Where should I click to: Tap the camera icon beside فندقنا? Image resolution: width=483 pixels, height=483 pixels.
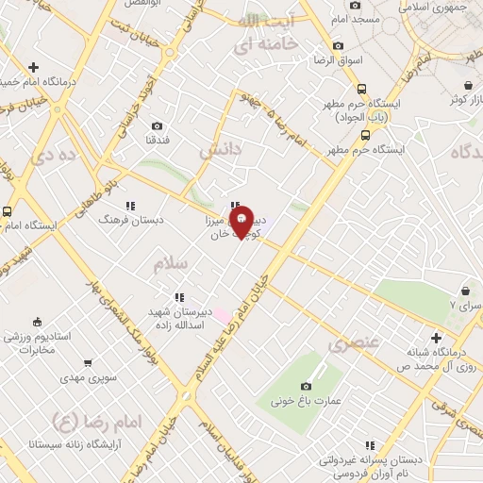point(157,125)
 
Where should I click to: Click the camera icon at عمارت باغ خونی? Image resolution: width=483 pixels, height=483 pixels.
point(306,385)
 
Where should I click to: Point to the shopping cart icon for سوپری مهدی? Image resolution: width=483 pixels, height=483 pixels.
point(87,362)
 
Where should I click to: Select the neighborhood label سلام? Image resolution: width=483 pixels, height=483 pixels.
point(171,263)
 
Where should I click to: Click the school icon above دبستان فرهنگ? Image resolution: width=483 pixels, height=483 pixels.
point(131,205)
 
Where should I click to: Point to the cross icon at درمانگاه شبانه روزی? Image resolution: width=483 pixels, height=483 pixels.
point(436,338)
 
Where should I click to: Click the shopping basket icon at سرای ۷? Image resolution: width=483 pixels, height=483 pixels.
point(465,290)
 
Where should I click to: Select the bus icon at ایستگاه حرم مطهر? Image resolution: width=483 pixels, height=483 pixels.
point(364,134)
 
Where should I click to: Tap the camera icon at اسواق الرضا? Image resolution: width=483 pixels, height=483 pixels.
point(338,45)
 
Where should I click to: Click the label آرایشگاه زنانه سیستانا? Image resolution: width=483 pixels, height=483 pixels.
point(75,441)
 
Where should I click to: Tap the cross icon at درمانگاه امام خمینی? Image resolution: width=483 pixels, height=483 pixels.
point(34,67)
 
